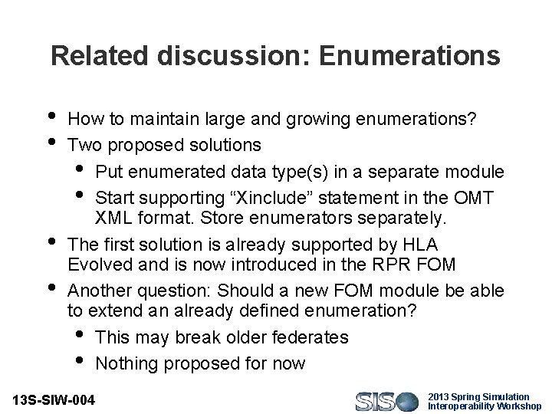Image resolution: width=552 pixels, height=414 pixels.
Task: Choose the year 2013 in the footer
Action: [440, 396]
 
